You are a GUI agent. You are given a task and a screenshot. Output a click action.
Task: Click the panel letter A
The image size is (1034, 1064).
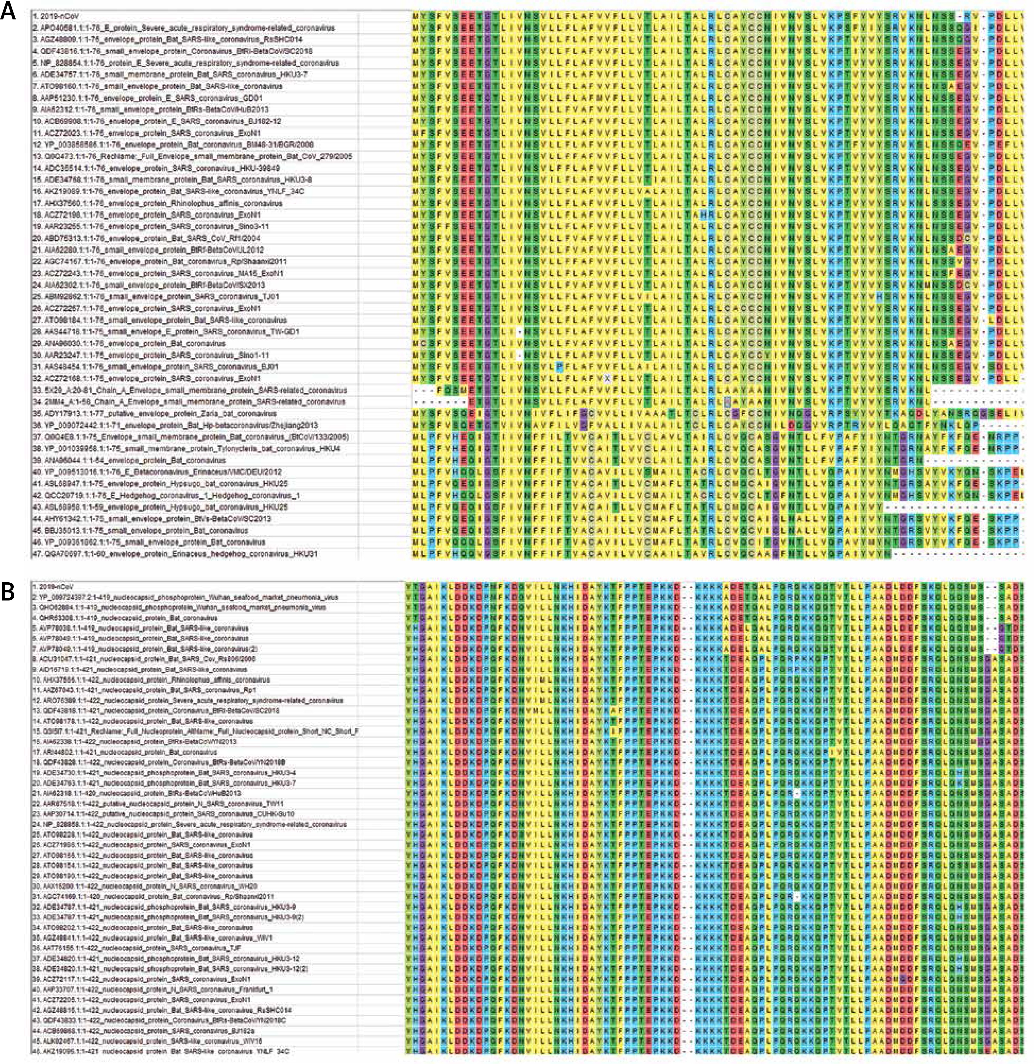(x=9, y=12)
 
